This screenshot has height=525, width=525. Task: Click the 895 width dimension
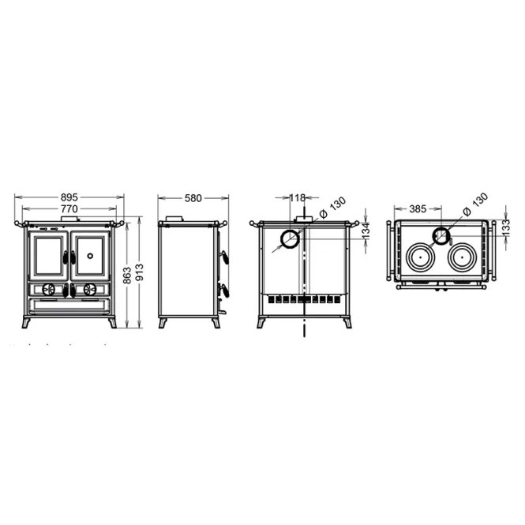point(69,197)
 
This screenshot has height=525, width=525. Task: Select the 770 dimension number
point(69,209)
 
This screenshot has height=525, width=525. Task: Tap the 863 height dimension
point(127,276)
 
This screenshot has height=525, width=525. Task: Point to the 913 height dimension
point(139,272)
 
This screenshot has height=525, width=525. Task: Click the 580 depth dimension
point(193,198)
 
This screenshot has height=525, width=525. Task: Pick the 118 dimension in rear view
point(298,198)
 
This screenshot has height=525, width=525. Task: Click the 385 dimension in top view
point(418,209)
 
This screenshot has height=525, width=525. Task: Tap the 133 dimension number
point(505,227)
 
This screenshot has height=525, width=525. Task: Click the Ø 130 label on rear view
point(332,208)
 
